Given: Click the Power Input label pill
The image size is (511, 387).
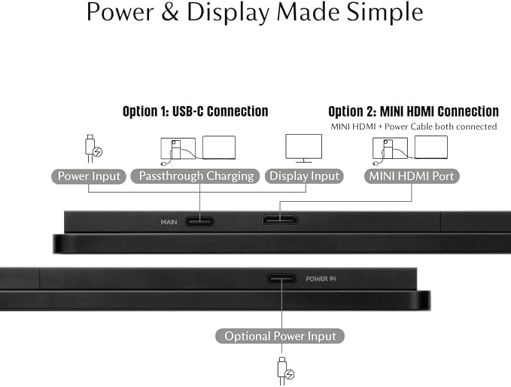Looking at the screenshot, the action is (x=89, y=176).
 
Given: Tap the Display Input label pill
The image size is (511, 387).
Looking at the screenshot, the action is (x=304, y=176).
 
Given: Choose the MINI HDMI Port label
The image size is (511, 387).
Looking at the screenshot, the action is (x=412, y=176).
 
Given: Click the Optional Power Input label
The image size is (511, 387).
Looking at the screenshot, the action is (x=280, y=336).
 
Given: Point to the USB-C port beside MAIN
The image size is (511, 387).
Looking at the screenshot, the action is (x=199, y=222).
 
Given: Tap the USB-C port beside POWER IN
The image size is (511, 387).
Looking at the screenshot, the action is (x=281, y=279).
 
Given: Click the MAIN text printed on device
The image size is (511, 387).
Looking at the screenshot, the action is (x=169, y=222).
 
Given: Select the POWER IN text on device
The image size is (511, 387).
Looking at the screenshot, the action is (x=321, y=279).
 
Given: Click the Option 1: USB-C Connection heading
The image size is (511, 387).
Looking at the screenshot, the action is (x=195, y=111).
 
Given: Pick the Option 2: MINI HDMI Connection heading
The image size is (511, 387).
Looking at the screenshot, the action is (x=413, y=111).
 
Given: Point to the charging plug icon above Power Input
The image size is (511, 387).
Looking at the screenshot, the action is (x=93, y=148).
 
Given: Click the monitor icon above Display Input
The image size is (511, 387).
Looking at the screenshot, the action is (x=304, y=148).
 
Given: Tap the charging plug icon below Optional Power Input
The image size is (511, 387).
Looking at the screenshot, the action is (x=285, y=371).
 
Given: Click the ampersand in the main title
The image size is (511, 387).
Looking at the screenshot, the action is (x=170, y=12).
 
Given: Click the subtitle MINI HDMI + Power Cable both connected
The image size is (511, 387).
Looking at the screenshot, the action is (x=414, y=126).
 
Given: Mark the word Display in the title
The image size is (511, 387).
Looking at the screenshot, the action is (x=228, y=13).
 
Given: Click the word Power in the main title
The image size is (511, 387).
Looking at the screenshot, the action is (x=120, y=12).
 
